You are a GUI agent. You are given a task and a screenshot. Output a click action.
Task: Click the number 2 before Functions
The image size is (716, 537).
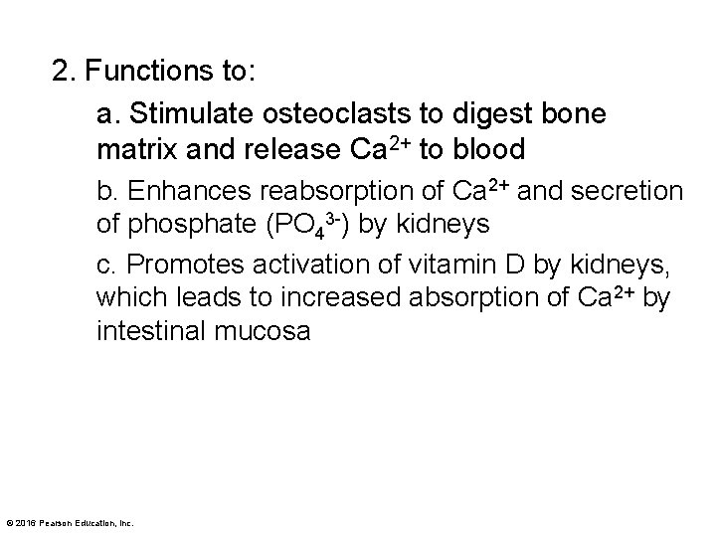click(x=62, y=73)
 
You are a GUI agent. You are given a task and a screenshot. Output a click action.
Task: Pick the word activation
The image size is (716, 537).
click(x=315, y=264)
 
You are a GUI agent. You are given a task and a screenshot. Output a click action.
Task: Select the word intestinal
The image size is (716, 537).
click(x=150, y=331)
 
